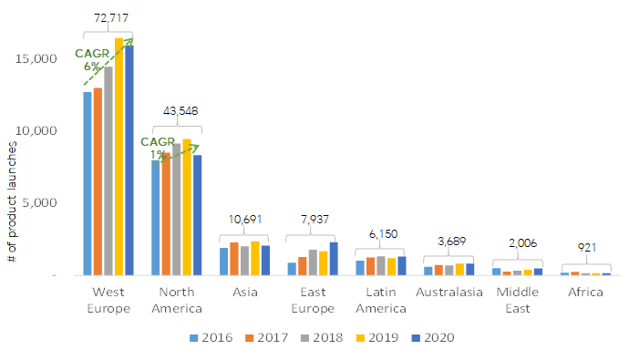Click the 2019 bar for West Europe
coord(119,156)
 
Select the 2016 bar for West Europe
coord(88,183)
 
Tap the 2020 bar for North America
coord(197,215)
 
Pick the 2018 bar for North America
coord(177,210)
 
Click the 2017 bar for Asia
coord(234,259)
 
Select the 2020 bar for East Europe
coord(334,259)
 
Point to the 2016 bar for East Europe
coord(293,269)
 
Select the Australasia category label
coord(448,293)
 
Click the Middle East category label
coord(518,300)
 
